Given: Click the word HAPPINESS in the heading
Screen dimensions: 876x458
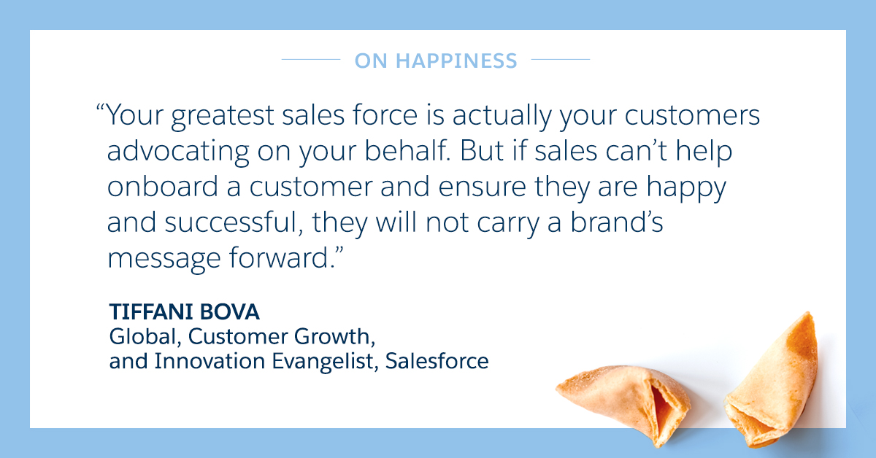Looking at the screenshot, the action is coord(456,61).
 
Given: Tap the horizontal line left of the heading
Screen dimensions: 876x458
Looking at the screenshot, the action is coord(311,59).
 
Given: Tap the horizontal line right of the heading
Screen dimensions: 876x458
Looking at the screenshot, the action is coord(561,59).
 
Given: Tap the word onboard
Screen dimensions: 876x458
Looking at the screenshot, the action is coord(163,187).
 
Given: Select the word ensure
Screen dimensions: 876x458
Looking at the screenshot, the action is coord(483,187).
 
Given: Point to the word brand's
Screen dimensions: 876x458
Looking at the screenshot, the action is coord(617,222).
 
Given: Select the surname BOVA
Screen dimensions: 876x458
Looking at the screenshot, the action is coord(229,312).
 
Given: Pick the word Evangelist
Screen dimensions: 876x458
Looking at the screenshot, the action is coord(322,362).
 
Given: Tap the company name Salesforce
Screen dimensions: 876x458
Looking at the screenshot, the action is coord(437,361).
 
